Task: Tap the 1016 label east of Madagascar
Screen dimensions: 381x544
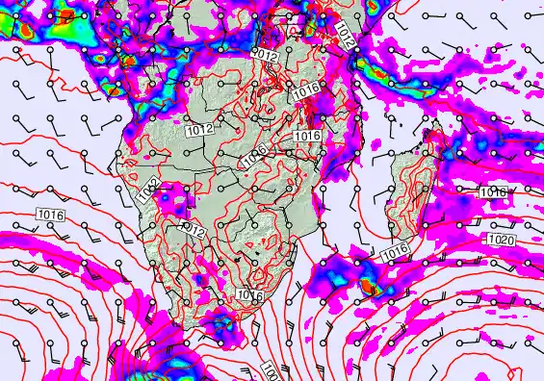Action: [492, 192]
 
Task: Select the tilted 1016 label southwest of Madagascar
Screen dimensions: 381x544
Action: [396, 253]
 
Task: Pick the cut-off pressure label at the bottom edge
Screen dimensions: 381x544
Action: [272, 372]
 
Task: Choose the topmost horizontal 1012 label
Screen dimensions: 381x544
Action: [265, 58]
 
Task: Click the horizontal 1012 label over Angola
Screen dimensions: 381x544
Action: [199, 128]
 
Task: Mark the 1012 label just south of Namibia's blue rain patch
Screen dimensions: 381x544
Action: [193, 230]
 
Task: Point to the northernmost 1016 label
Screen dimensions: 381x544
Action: [306, 89]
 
